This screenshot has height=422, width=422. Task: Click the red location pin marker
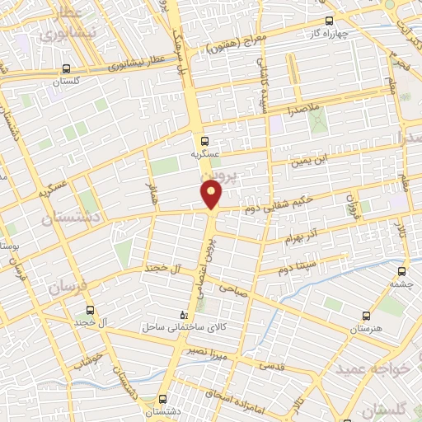212,194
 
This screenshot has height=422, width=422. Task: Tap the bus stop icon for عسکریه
205,140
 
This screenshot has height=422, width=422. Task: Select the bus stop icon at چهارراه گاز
329,21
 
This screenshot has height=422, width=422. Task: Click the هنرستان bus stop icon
367,315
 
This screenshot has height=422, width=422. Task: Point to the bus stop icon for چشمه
403,270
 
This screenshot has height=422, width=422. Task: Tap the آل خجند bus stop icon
90,312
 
